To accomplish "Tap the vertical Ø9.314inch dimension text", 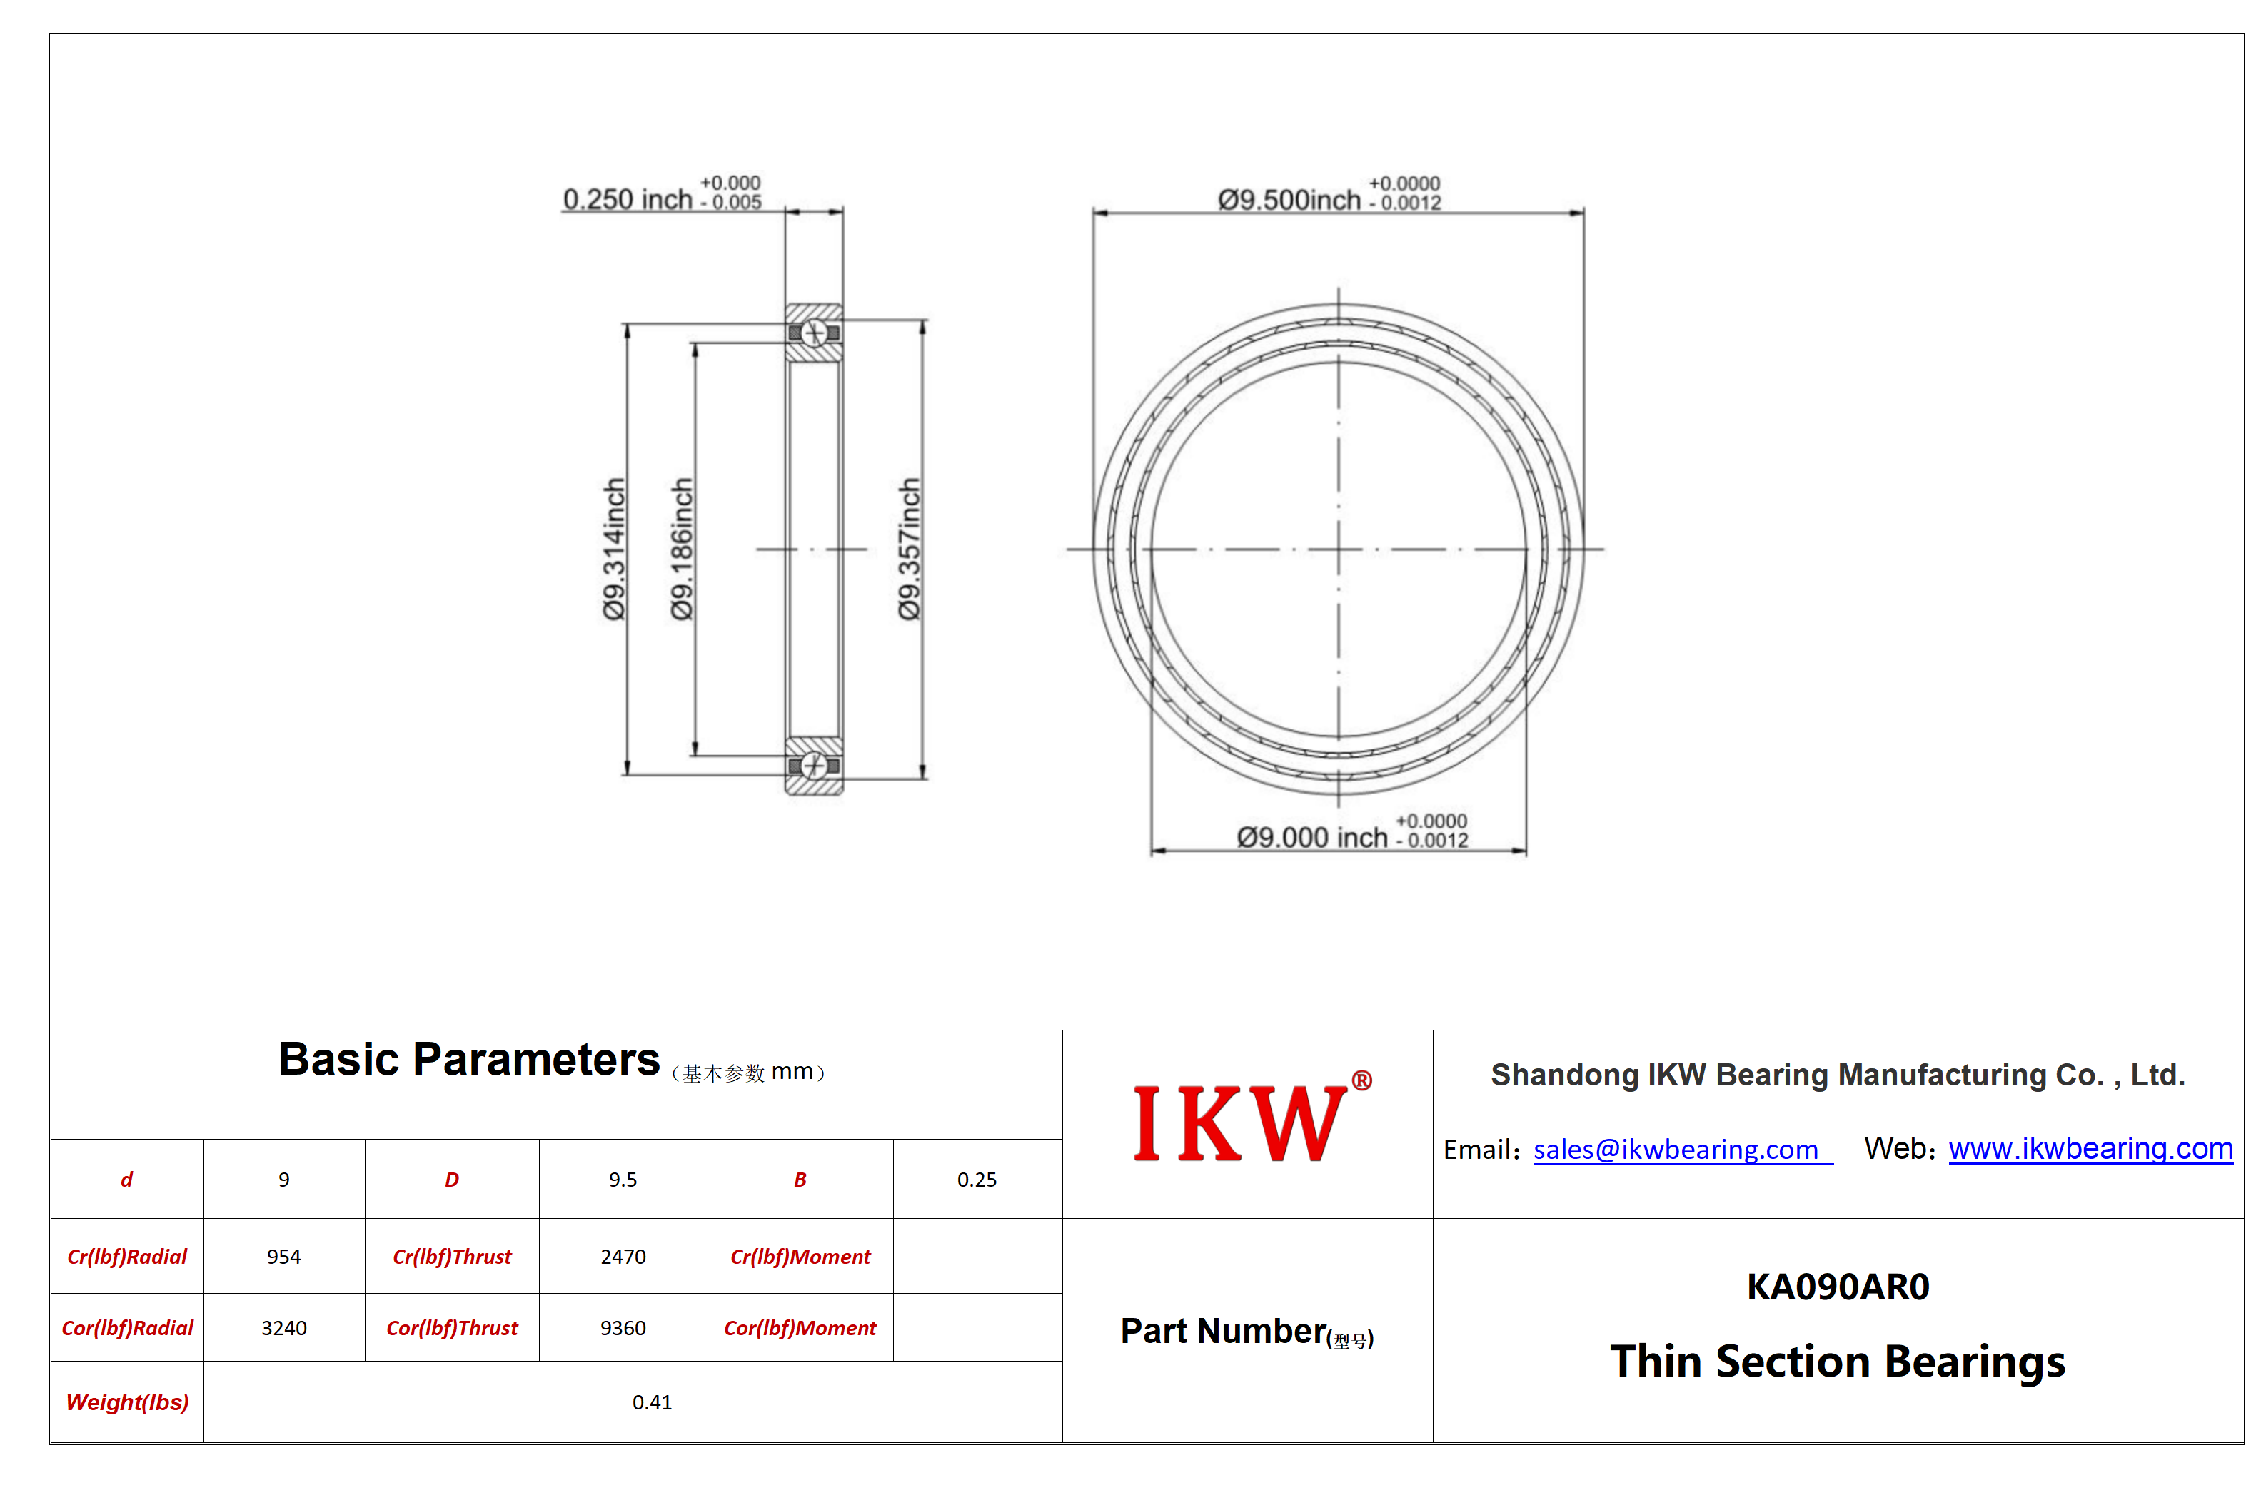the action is (613, 549).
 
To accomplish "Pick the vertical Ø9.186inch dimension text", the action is (680, 549).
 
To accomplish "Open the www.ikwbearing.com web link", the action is (2090, 1148).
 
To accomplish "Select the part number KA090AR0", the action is (1838, 1287).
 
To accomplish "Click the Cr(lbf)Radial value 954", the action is (284, 1256).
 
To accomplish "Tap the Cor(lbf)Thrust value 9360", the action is (623, 1328).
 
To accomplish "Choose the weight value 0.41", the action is (652, 1402).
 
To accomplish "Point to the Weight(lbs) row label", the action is (127, 1402).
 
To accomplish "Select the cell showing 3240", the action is (284, 1328).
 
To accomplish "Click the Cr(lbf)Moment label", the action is (800, 1257).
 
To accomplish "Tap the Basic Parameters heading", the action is (469, 1060).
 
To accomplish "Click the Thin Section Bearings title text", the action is (1838, 1362).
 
